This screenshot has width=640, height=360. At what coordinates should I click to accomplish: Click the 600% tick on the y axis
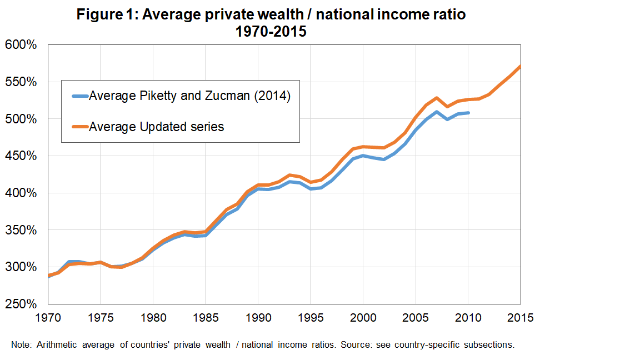(x=21, y=45)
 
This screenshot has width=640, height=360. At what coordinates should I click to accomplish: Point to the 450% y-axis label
(x=21, y=156)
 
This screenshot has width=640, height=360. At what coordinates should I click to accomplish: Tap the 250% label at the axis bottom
(x=21, y=304)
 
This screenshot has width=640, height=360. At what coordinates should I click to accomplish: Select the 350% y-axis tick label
(x=21, y=230)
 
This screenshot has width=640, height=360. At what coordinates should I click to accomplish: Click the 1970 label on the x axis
(x=48, y=318)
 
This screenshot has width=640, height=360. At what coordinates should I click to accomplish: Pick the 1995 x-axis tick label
(x=311, y=318)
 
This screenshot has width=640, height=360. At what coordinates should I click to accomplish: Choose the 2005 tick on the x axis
(x=416, y=318)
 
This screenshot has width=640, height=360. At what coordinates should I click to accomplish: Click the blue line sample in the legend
(x=79, y=96)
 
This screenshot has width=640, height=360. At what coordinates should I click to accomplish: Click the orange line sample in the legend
(x=79, y=127)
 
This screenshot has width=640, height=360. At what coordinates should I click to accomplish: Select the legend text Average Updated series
(x=157, y=127)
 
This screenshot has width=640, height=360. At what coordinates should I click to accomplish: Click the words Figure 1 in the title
(x=107, y=15)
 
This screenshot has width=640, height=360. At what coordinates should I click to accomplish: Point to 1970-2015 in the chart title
(x=271, y=32)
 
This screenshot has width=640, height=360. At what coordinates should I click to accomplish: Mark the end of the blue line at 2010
(x=468, y=113)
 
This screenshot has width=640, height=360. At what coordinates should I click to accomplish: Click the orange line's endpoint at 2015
(x=520, y=67)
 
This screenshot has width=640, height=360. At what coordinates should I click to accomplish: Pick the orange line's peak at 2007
(x=437, y=98)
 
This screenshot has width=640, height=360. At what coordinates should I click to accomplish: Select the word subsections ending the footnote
(x=489, y=344)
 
